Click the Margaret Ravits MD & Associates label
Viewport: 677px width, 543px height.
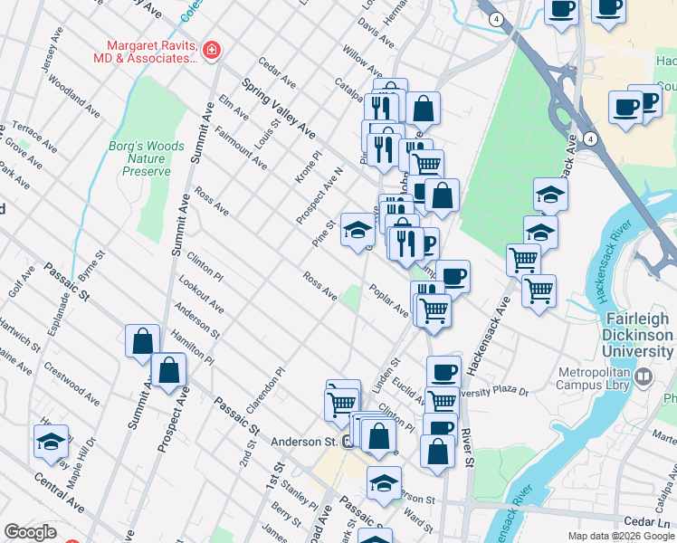pos(150,52)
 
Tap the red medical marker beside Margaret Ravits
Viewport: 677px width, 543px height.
pos(211,50)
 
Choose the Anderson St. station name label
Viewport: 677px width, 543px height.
pos(304,443)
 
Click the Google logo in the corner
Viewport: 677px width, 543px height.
pos(31,532)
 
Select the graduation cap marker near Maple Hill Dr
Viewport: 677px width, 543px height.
pos(51,441)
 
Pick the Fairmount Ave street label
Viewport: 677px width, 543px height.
pos(241,148)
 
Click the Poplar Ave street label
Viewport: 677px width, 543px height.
pos(388,300)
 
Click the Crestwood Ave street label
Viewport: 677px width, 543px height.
pos(72,385)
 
